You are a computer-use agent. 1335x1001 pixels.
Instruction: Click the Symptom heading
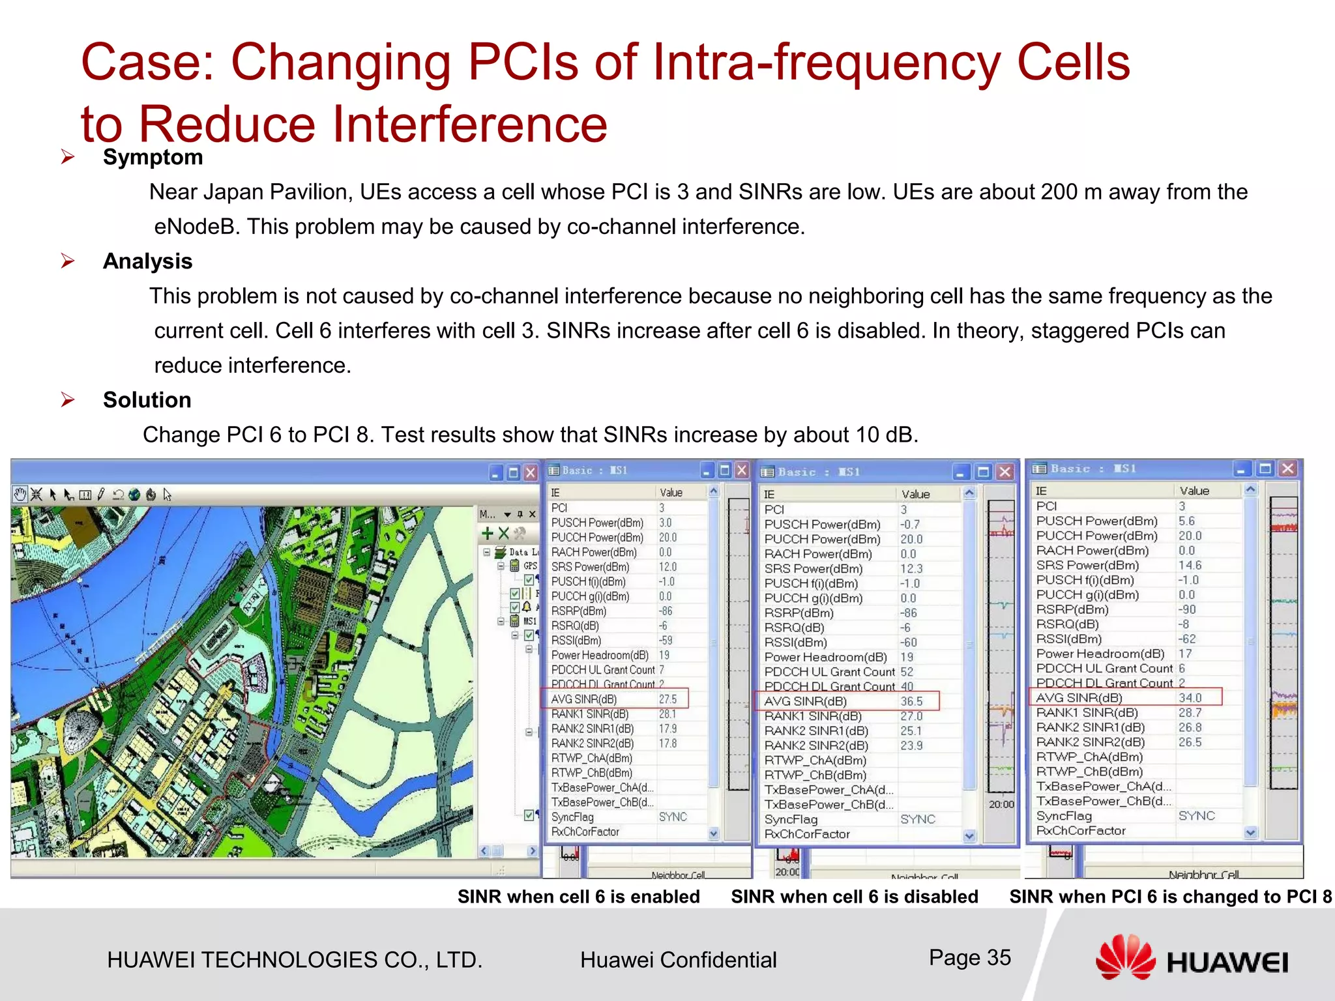click(153, 157)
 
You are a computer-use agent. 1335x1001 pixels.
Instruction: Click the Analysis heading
click(147, 261)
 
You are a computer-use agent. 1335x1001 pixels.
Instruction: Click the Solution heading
click(147, 400)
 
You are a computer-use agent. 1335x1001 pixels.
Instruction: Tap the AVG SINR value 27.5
click(667, 699)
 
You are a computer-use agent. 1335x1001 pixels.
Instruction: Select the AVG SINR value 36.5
click(911, 702)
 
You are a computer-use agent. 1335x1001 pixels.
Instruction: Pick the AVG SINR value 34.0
click(1190, 698)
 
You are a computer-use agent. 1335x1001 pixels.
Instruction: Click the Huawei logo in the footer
click(1191, 958)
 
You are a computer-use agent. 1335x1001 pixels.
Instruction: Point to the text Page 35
click(969, 957)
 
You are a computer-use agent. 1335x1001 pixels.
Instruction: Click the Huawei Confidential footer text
click(678, 960)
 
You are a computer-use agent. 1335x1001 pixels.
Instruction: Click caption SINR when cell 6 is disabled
click(854, 897)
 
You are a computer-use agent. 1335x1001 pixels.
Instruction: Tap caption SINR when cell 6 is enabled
click(578, 897)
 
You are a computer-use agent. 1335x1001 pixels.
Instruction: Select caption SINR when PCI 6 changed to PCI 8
click(1170, 897)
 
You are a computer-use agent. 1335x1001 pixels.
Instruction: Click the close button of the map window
click(531, 472)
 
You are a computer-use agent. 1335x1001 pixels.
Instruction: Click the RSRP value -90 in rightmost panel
click(1187, 609)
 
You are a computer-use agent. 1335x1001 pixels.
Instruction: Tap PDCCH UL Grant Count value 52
click(907, 672)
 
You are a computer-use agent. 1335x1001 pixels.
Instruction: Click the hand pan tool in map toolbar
click(20, 495)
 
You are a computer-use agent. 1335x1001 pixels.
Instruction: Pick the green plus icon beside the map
click(487, 534)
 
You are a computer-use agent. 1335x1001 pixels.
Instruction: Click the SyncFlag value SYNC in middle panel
click(917, 819)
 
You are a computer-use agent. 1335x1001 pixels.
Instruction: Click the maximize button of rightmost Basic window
click(1265, 469)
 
